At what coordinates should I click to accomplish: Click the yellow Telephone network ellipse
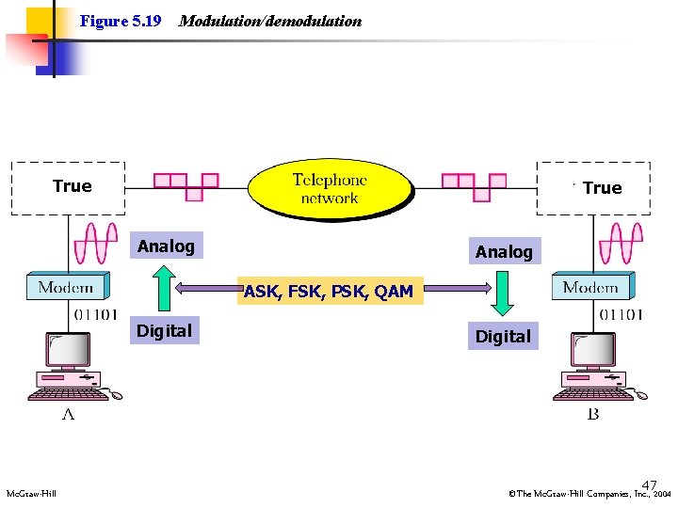[x=329, y=188]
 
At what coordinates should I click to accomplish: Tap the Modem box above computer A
[x=66, y=286]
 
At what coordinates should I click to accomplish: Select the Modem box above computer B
[x=591, y=286]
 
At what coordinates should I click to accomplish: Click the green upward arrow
[x=165, y=289]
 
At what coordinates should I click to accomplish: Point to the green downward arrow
[x=503, y=294]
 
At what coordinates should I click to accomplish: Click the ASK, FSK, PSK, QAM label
[x=329, y=292]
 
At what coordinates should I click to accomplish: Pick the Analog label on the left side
[x=166, y=246]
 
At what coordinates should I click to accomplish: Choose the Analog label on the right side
[x=504, y=251]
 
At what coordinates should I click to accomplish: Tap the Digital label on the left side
[x=164, y=330]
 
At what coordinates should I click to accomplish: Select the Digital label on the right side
[x=503, y=336]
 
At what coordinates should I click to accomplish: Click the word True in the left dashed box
[x=73, y=186]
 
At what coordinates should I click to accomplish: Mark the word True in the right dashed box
[x=602, y=188]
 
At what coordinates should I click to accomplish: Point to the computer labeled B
[x=597, y=368]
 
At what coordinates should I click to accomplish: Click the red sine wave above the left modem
[x=96, y=244]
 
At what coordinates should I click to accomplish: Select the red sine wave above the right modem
[x=621, y=244]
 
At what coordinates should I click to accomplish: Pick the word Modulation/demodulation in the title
[x=270, y=21]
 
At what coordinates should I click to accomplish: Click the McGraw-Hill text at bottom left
[x=31, y=493]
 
